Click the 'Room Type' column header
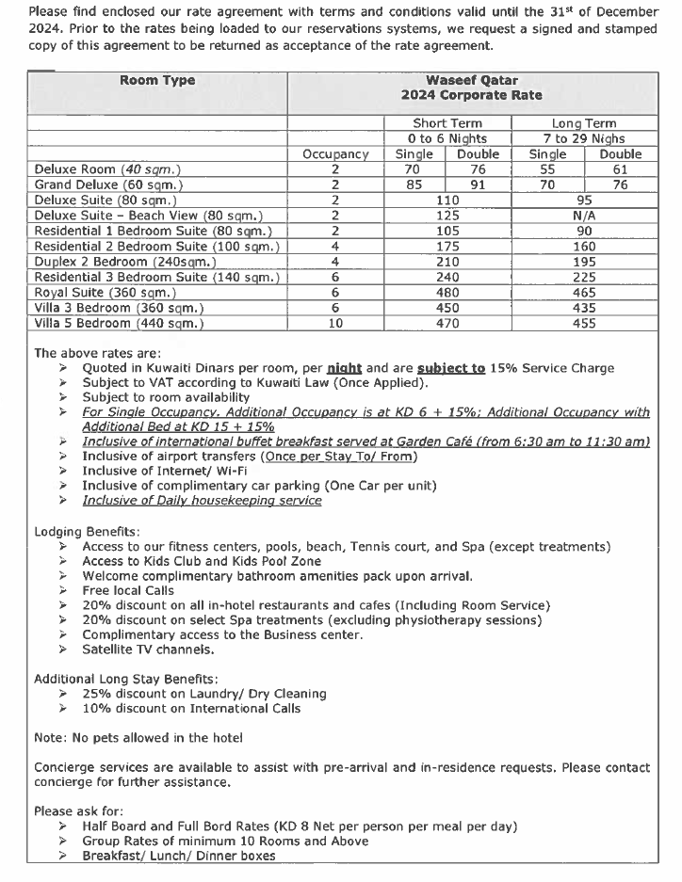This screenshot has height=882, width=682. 157,80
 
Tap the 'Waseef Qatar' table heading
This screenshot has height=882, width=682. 471,80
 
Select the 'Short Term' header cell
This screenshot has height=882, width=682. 447,123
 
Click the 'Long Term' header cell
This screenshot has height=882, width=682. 583,123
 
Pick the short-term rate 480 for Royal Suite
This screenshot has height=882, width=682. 447,293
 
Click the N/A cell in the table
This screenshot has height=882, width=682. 583,216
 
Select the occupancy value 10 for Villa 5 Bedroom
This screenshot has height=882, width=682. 335,324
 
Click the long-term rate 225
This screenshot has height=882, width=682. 583,277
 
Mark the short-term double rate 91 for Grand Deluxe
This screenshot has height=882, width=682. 478,185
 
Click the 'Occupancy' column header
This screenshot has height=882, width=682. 335,154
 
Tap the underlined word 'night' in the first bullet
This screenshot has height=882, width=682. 344,368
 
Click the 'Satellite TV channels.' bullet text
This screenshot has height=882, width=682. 148,649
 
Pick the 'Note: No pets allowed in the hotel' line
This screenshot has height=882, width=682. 138,737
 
